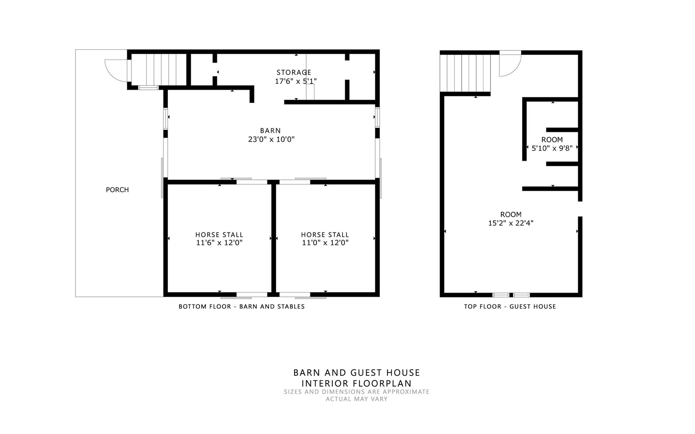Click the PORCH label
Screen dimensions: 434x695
tap(117, 190)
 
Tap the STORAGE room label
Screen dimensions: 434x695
tap(294, 72)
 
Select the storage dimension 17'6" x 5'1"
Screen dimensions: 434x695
tap(296, 81)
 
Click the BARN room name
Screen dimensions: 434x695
tap(270, 131)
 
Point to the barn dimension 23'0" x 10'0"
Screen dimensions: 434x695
tap(271, 139)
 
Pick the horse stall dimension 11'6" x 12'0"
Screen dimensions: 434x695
tap(219, 243)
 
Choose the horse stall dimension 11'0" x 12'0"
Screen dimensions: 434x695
tap(325, 243)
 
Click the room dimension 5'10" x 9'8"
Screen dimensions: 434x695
tap(552, 148)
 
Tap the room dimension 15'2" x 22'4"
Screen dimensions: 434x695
tap(511, 223)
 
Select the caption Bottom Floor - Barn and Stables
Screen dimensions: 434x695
tap(242, 307)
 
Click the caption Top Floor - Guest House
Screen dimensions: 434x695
tap(510, 307)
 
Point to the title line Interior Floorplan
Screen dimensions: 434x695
tap(357, 383)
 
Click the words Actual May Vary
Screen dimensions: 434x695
tap(357, 399)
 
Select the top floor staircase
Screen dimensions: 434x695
tap(465, 73)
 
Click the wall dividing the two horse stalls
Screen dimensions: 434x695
tap(274, 238)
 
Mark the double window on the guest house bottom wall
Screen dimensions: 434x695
tap(511, 295)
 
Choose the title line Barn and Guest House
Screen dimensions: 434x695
tap(357, 373)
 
